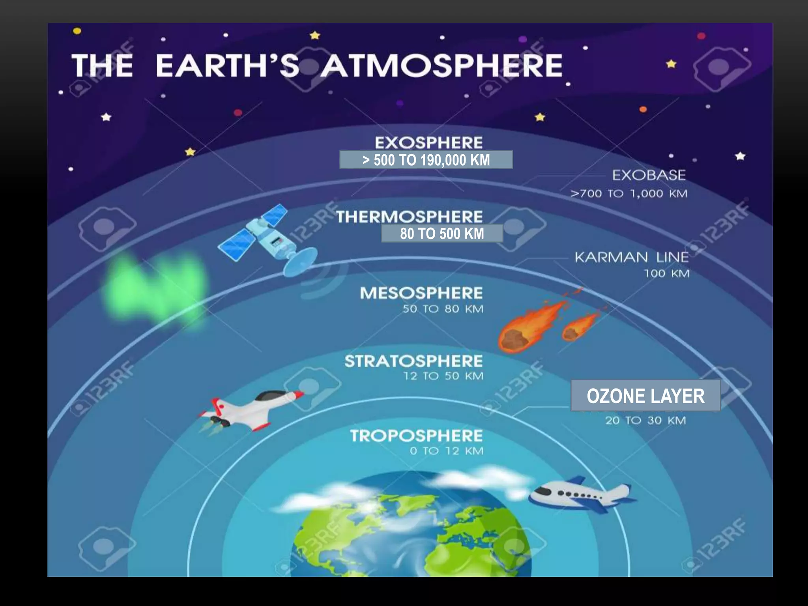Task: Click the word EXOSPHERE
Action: (x=428, y=142)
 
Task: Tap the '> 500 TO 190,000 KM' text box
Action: (x=426, y=160)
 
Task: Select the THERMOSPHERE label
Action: (x=409, y=217)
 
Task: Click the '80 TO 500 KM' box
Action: (x=442, y=234)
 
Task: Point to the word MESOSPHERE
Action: (x=421, y=293)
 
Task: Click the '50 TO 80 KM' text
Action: (x=443, y=309)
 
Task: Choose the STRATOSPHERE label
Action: (x=413, y=361)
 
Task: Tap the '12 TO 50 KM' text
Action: (x=443, y=376)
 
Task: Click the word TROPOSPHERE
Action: (x=416, y=436)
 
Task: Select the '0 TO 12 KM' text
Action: (x=446, y=451)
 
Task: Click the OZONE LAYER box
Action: (x=645, y=396)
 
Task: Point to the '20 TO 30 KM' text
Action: (x=645, y=421)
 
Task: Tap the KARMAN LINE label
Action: (x=631, y=257)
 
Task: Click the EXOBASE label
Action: (x=649, y=175)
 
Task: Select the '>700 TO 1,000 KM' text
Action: (x=629, y=194)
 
